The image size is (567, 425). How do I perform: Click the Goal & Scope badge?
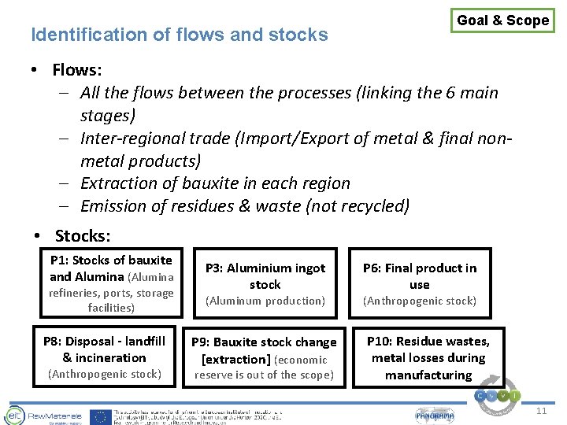pyautogui.click(x=502, y=20)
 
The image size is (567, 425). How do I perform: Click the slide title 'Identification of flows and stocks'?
pyautogui.click(x=179, y=35)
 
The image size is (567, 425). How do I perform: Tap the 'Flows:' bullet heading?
pyautogui.click(x=76, y=70)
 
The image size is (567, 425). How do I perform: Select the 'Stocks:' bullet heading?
pyautogui.click(x=83, y=236)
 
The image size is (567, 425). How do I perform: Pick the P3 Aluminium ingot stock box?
pyautogui.click(x=265, y=283)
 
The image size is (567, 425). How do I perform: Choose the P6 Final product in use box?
pyautogui.click(x=420, y=283)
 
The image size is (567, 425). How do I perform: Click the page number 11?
pyautogui.click(x=541, y=412)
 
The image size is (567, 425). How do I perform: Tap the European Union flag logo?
pyautogui.click(x=100, y=416)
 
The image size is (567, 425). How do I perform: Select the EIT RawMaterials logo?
pyautogui.click(x=36, y=416)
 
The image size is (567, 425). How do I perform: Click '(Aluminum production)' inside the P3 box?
pyautogui.click(x=265, y=301)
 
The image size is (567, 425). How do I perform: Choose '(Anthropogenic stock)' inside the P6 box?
pyautogui.click(x=420, y=301)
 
